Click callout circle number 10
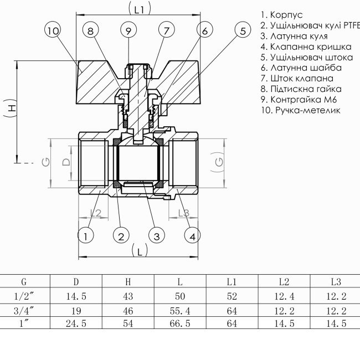pos(53,32)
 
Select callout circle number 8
pos(92,32)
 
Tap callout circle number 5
pos(242,32)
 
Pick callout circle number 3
pos(157,236)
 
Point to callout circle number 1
pos(85,236)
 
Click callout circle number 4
pos(192,236)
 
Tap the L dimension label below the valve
pos(140,251)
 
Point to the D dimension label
pos(65,162)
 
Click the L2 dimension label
pos(95,213)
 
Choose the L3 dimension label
pos(184,213)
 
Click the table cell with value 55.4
pos(180,310)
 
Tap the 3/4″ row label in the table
pos(24,310)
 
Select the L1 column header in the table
pos(232,281)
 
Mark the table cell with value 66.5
pos(180,323)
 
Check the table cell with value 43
pos(128,296)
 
